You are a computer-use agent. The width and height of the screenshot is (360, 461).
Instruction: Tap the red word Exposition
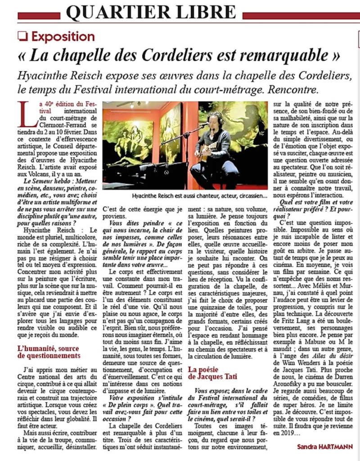[63, 37]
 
